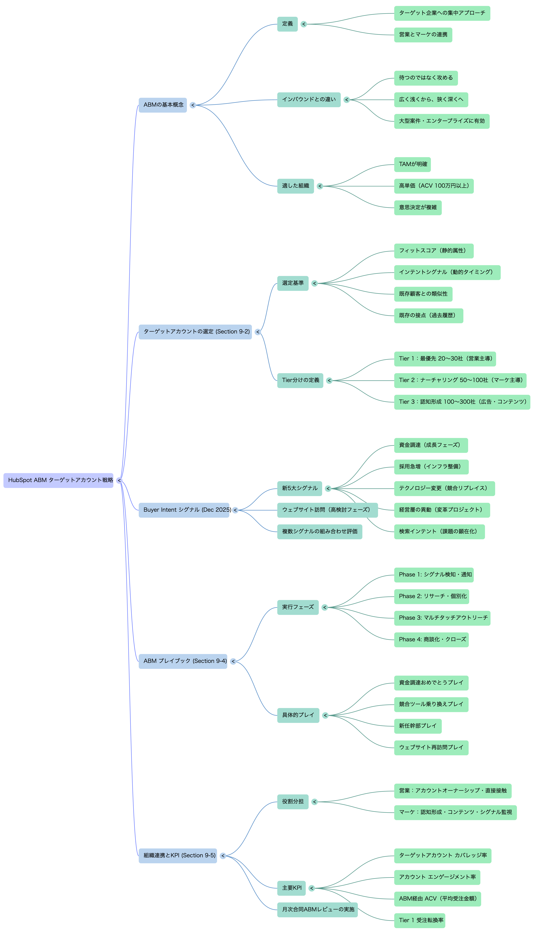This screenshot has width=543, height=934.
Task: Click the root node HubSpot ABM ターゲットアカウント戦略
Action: pyautogui.click(x=58, y=480)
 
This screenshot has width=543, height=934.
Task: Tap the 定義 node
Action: pyautogui.click(x=287, y=24)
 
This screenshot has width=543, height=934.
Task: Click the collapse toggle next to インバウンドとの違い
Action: pyautogui.click(x=347, y=100)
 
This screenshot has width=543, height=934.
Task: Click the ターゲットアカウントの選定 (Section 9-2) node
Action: pyautogui.click(x=195, y=332)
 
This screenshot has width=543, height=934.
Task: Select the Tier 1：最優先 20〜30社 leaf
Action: pyautogui.click(x=445, y=359)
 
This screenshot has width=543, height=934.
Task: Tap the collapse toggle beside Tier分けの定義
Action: pyautogui.click(x=329, y=381)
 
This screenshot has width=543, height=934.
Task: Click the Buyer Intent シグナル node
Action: pyautogui.click(x=184, y=510)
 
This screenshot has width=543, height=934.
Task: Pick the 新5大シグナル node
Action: pyautogui.click(x=300, y=488)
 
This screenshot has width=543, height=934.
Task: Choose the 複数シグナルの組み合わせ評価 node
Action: pyautogui.click(x=320, y=531)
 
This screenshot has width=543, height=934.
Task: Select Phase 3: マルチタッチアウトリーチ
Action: pyautogui.click(x=442, y=618)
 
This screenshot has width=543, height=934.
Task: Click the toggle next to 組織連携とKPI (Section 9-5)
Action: pyautogui.click(x=223, y=856)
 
